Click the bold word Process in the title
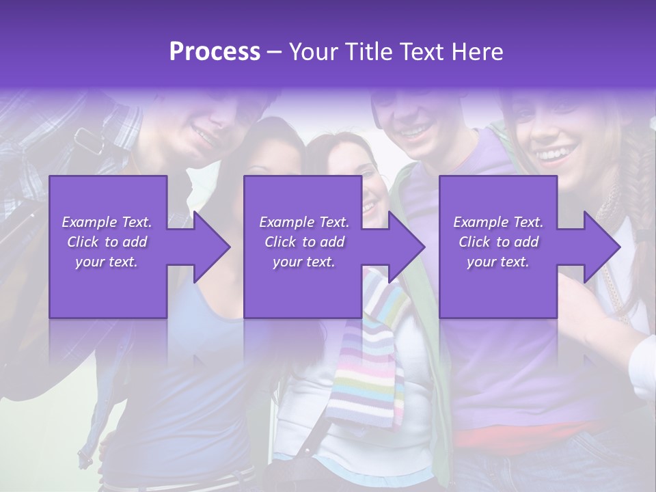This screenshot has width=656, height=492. (x=215, y=52)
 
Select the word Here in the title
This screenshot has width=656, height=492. (x=476, y=52)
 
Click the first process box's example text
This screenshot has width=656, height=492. (x=107, y=242)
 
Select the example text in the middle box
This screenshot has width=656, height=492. (x=304, y=242)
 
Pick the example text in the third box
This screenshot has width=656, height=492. (x=498, y=242)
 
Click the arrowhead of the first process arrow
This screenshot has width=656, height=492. (x=212, y=247)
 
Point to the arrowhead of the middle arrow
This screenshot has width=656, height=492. (x=407, y=247)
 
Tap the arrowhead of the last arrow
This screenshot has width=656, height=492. (x=602, y=247)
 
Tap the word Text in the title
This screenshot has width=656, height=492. (x=424, y=52)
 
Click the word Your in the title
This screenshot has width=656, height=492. (x=312, y=52)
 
